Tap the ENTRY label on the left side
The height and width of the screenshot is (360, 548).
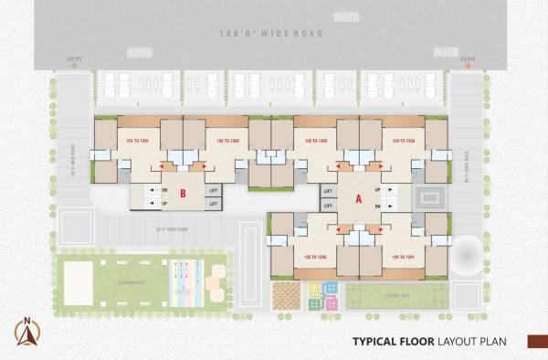click(x=74, y=59)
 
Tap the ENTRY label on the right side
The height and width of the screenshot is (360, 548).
click(x=469, y=59)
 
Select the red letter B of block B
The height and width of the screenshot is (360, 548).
click(x=183, y=194)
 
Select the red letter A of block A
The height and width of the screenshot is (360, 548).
click(x=358, y=196)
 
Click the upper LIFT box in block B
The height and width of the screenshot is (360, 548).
click(x=214, y=190)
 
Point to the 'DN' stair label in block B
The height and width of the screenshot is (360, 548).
click(x=164, y=190)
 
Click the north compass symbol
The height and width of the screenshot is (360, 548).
click(x=26, y=332)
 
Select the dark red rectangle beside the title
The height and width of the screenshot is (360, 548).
click(x=535, y=342)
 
